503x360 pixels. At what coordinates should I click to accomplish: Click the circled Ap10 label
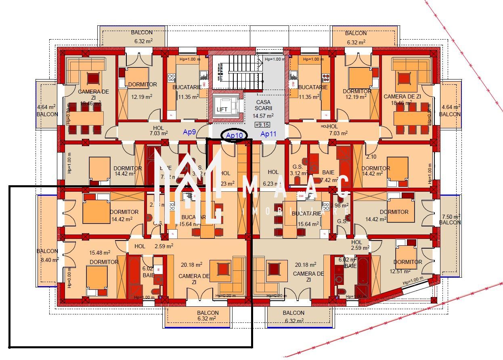[x=235, y=135]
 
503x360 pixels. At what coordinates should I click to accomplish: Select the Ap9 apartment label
[x=189, y=132]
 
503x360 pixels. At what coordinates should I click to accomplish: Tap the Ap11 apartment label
[x=268, y=134]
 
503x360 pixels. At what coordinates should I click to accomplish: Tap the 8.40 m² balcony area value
[x=50, y=260]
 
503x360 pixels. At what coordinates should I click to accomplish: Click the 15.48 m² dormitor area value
[x=100, y=253]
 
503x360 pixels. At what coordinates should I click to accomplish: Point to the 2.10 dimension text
[x=371, y=157]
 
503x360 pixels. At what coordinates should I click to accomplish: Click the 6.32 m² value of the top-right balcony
[x=356, y=42]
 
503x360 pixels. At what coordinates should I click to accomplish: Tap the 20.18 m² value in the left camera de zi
[x=192, y=265]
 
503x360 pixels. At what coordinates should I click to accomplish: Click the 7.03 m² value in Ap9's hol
[x=159, y=133]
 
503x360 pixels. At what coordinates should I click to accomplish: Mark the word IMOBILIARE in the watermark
[x=296, y=212]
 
